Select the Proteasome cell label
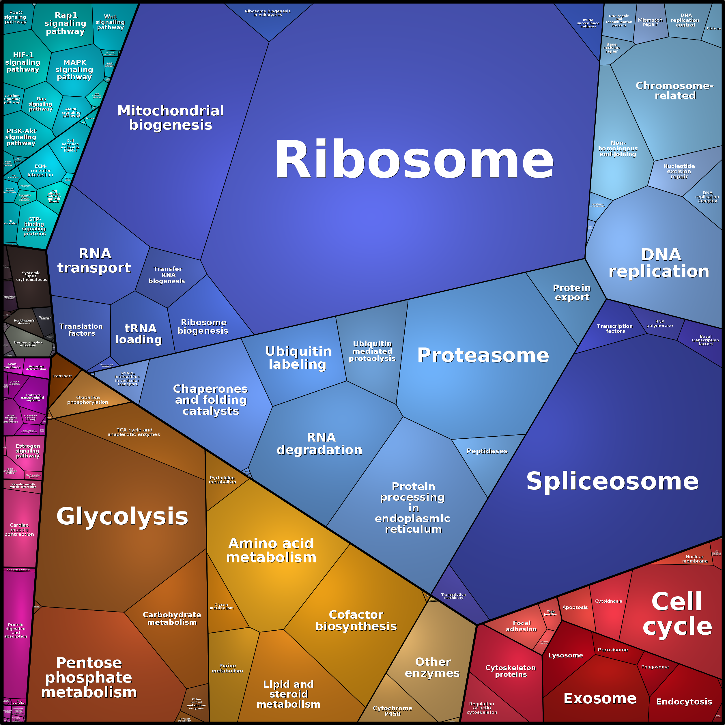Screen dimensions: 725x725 tap(483, 355)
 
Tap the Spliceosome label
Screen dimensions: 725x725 tap(612, 481)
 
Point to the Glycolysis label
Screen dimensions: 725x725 tap(122, 516)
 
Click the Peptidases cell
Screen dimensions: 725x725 tap(487, 451)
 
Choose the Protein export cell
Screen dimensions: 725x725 tap(571, 293)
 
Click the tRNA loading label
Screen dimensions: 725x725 tap(139, 334)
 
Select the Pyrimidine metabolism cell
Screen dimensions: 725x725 tap(222, 480)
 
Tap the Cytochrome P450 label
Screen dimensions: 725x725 tap(392, 711)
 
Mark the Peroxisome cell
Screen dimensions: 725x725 tap(612, 650)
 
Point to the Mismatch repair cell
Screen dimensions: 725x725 tap(650, 23)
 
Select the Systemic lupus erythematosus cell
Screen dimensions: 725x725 tap(31, 276)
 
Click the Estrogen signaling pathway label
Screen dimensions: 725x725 tap(27, 451)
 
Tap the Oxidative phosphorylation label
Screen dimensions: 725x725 tap(87, 400)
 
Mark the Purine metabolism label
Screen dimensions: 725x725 tap(227, 668)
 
